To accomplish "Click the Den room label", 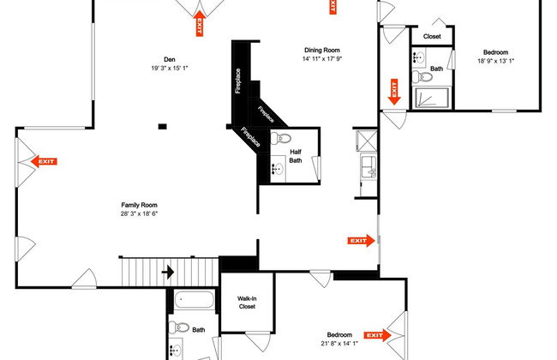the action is (170, 59).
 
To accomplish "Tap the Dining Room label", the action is (322, 50).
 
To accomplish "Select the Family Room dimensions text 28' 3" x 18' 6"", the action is (139, 213).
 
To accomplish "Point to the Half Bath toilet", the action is (281, 138).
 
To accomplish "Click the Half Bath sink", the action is (278, 169).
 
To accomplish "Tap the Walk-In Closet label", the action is (247, 303).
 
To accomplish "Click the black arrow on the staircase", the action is (168, 273).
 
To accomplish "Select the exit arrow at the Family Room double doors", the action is (44, 161).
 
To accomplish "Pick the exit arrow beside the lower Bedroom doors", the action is (377, 335).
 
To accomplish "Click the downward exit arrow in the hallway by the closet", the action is (394, 92).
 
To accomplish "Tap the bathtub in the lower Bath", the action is (195, 300).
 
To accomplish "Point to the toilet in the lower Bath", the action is (179, 327).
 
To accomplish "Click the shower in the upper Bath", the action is (432, 98).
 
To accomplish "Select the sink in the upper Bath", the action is (419, 57).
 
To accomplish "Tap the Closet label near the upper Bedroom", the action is (432, 36).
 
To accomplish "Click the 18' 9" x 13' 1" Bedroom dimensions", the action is (496, 61).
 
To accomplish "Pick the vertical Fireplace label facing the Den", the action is (238, 81).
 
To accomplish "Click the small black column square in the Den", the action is (162, 126).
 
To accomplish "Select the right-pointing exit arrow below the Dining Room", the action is (361, 241).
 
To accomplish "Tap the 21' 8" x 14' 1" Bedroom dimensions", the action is (339, 344).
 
